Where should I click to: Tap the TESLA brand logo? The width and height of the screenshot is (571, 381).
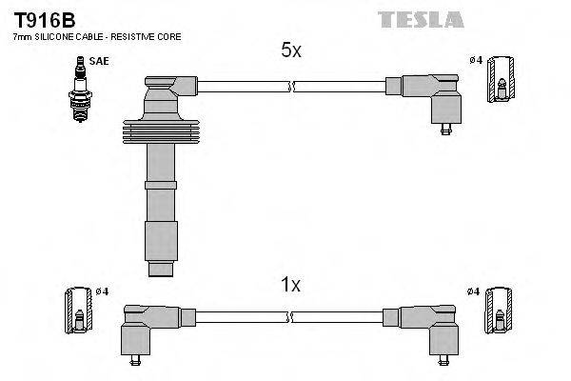(420, 19)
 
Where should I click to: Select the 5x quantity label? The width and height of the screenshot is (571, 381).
(290, 51)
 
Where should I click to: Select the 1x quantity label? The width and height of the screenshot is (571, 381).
(290, 284)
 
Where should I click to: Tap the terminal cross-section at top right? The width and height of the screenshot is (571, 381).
(501, 78)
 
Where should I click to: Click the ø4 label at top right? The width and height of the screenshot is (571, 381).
(477, 61)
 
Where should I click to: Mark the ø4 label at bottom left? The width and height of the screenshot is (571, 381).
(102, 291)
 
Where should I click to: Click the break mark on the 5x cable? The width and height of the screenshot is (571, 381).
(292, 87)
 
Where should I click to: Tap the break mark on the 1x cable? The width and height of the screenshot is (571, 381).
(292, 319)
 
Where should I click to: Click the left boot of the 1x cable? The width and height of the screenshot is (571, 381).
(143, 328)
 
